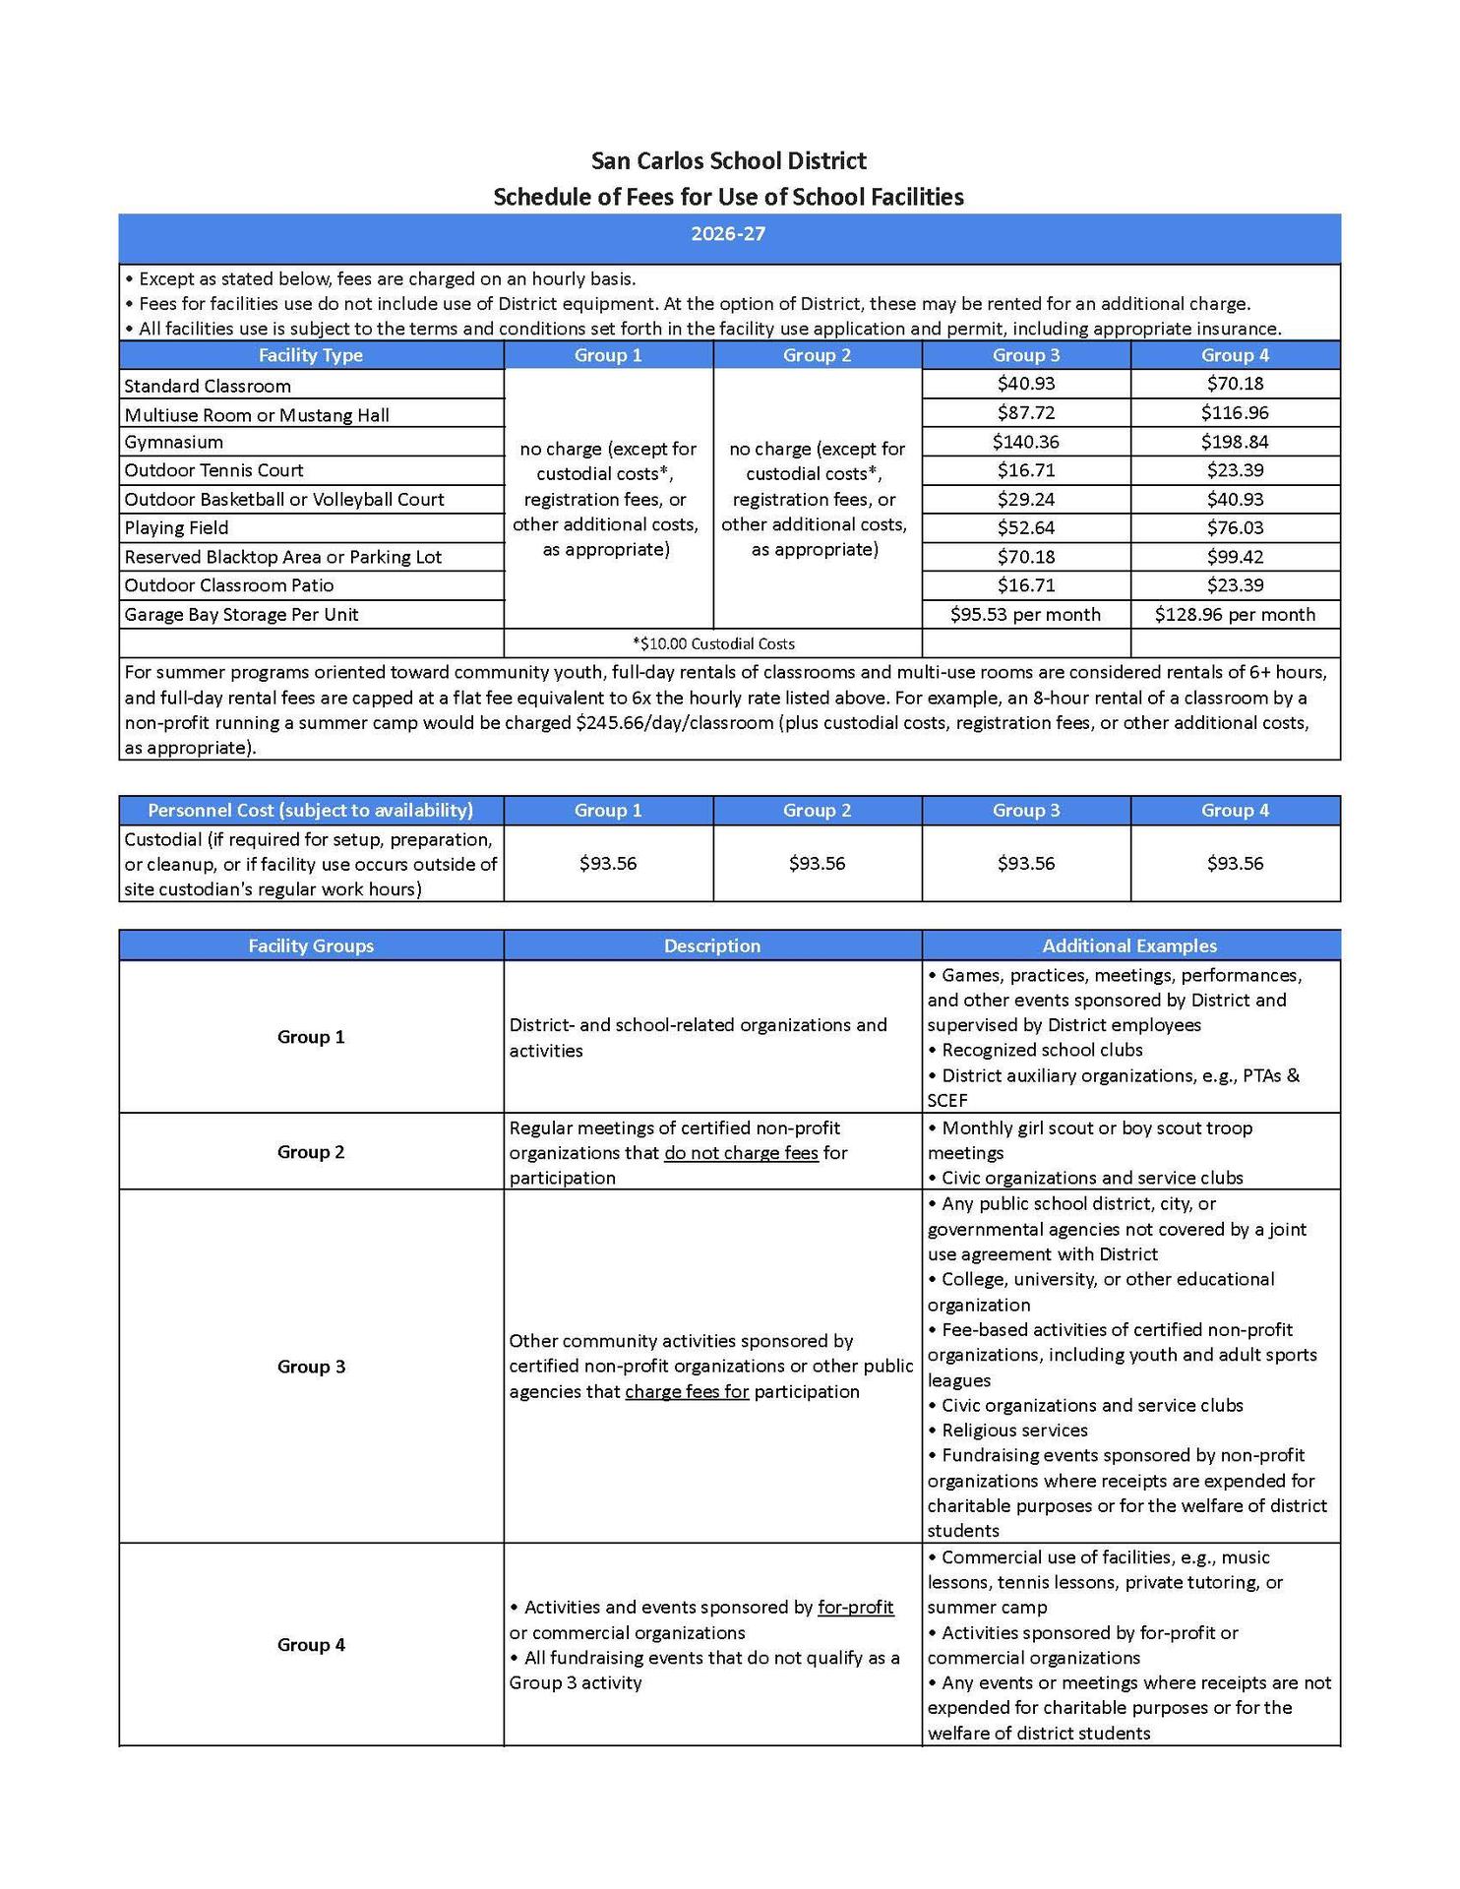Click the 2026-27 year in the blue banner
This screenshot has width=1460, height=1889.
tap(728, 234)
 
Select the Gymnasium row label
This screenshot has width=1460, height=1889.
tap(174, 442)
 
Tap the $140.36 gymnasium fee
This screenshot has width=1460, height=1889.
tap(1026, 442)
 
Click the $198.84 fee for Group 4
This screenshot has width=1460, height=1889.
tap(1235, 442)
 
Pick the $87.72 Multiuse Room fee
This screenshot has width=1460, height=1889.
tap(1026, 413)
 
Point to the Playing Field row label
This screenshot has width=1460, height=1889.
tap(176, 528)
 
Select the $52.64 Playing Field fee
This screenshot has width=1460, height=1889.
tap(1026, 528)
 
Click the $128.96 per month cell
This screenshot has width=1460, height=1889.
tap(1235, 615)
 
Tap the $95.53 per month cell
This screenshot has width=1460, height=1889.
tap(1025, 615)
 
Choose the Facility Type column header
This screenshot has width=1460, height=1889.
tap(311, 355)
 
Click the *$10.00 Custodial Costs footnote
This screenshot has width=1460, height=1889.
tap(713, 644)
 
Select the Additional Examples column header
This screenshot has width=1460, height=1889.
tap(1129, 946)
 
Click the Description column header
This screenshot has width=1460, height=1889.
tap(712, 946)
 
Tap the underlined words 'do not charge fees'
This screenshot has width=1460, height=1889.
tap(741, 1153)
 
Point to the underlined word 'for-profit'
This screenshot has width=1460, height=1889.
tap(856, 1608)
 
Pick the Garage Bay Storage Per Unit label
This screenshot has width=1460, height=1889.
tap(241, 615)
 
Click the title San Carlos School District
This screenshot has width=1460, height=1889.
tap(728, 160)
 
